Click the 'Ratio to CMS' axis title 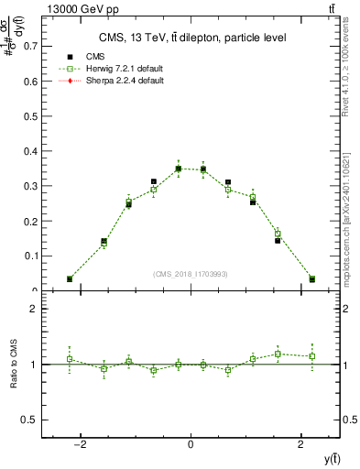15,365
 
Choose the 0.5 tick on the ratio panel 31,420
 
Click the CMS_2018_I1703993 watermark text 190,273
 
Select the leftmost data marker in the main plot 70,278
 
